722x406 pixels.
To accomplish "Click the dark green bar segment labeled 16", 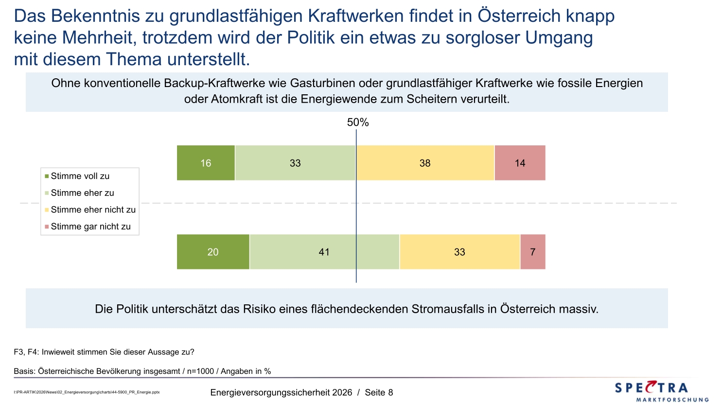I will pos(206,163).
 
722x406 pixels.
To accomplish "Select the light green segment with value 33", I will pos(295,163).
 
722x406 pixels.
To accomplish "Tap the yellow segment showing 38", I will pos(425,163).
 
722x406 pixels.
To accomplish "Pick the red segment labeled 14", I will pos(520,163).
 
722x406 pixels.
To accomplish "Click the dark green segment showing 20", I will pos(213,252).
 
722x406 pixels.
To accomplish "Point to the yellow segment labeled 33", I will pos(459,252).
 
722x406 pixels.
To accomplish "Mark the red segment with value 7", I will pos(532,252).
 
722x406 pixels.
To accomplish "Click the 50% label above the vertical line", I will pos(358,123).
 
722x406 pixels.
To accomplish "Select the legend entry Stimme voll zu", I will pos(80,176).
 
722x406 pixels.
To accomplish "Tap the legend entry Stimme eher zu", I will pos(82,193).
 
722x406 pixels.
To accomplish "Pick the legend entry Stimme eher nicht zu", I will pos(93,210).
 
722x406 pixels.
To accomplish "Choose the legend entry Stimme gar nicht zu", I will pos(90,227).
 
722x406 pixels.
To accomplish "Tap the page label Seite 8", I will pos(379,392).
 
